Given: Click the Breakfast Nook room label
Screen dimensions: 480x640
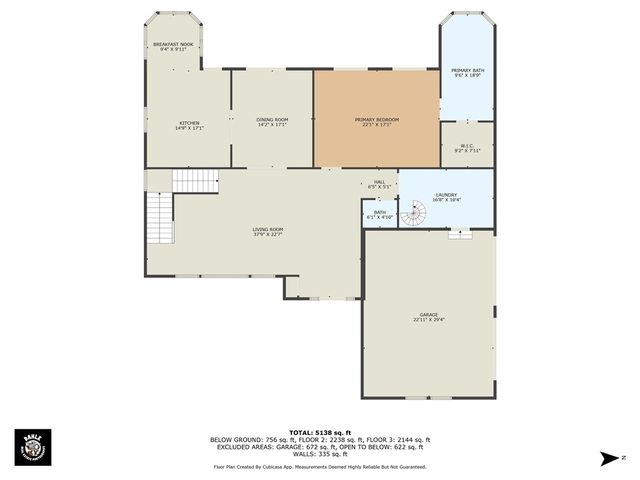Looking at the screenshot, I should pyautogui.click(x=173, y=46).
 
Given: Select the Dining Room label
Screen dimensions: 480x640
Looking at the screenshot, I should pyautogui.click(x=272, y=121).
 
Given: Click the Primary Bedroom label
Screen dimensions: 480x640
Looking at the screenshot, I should pyautogui.click(x=376, y=121).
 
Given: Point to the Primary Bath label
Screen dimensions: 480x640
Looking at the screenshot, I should pyautogui.click(x=467, y=72).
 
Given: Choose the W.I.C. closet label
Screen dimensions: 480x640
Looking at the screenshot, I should pyautogui.click(x=467, y=148).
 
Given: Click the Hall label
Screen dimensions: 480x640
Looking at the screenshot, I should pyautogui.click(x=380, y=183).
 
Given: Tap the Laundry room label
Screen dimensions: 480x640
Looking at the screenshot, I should pyautogui.click(x=446, y=197).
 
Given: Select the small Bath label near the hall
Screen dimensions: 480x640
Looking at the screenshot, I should pyautogui.click(x=380, y=214).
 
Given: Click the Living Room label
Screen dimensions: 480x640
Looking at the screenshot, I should pyautogui.click(x=267, y=232).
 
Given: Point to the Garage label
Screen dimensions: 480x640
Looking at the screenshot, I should pyautogui.click(x=428, y=317).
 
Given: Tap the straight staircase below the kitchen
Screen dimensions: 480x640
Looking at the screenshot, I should pyautogui.click(x=195, y=180).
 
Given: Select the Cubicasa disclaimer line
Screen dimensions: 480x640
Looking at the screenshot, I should pyautogui.click(x=319, y=466).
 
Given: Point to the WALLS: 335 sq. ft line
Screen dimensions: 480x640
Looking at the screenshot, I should pyautogui.click(x=319, y=454).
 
